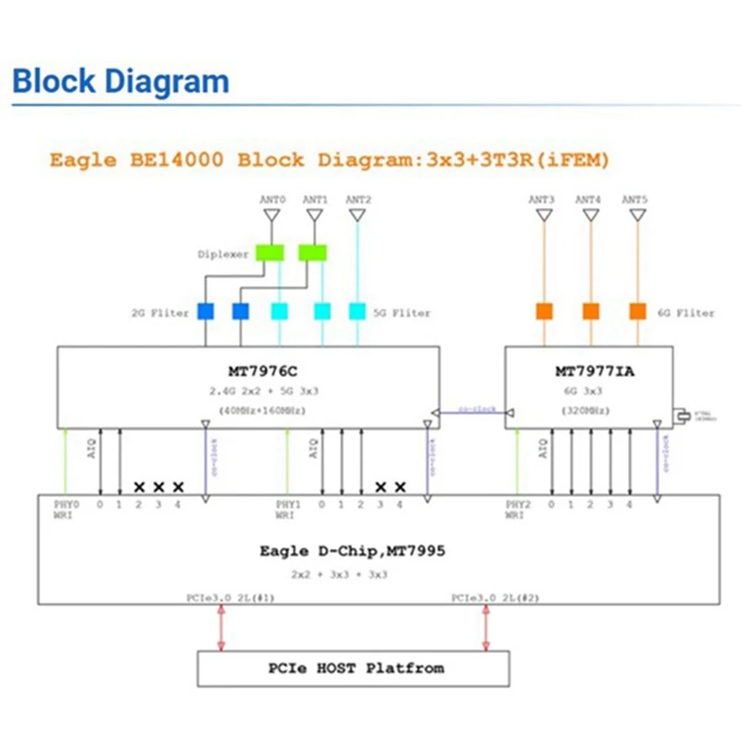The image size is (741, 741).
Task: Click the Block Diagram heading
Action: pos(120,82)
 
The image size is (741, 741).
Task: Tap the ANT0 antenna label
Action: pos(270,199)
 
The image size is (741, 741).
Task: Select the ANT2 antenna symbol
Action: pos(358,216)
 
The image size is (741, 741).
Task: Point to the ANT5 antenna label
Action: pos(634,199)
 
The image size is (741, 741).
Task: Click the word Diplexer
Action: pos(222,254)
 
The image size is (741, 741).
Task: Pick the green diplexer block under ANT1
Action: pos(314,253)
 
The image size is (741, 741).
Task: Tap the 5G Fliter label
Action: pos(402,313)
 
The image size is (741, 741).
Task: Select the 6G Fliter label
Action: pos(686,313)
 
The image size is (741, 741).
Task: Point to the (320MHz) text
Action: pos(589,408)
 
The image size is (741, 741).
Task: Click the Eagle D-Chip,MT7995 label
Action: pos(353,550)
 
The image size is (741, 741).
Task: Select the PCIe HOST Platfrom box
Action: pos(353,668)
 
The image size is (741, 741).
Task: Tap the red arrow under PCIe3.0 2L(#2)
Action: pos(484,629)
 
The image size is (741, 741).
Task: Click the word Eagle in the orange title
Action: pos(80,159)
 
